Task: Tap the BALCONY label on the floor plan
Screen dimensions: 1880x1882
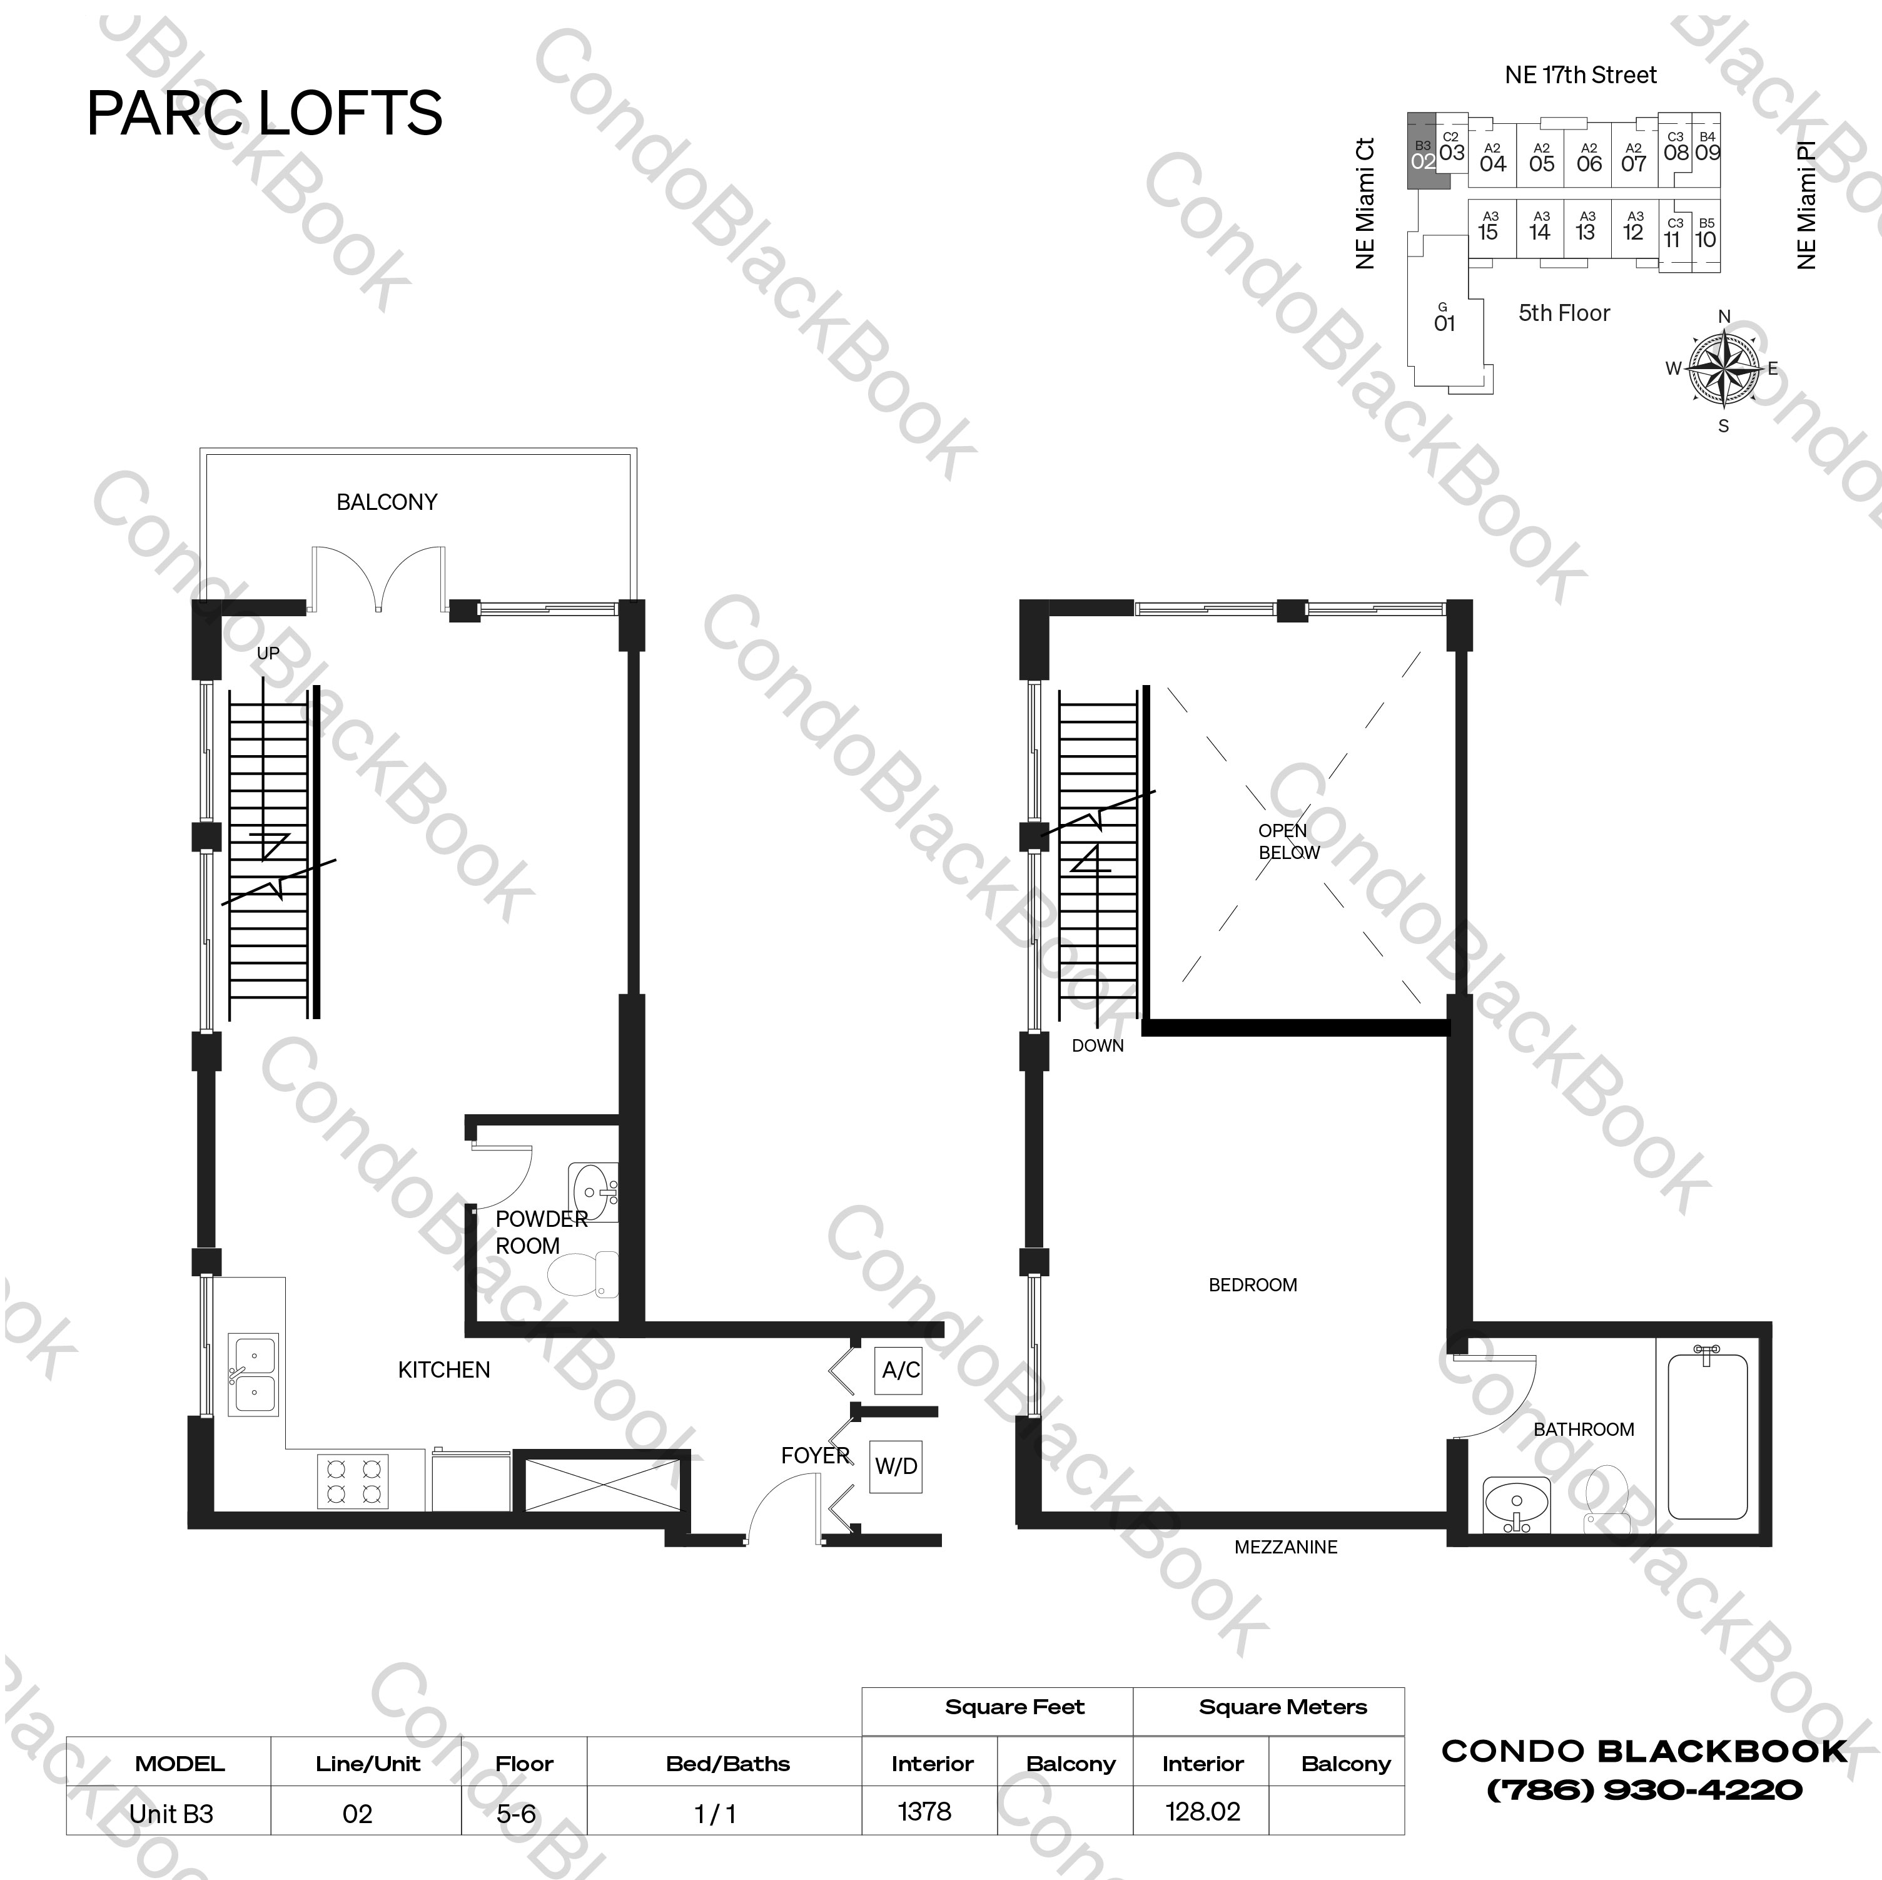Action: pos(387,502)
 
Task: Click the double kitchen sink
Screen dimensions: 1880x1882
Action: pos(253,1375)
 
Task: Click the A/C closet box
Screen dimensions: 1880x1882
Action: pos(900,1370)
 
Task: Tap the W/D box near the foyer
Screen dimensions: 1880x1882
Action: pos(895,1466)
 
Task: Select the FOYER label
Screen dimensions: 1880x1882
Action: pos(816,1455)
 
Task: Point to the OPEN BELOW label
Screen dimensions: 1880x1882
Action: pos(1288,841)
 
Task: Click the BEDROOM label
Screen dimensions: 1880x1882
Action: pos(1253,1284)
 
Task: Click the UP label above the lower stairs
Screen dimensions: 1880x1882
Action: pos(268,653)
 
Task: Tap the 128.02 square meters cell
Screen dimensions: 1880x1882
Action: pos(1202,1812)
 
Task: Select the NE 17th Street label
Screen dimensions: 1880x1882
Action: pos(1580,75)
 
